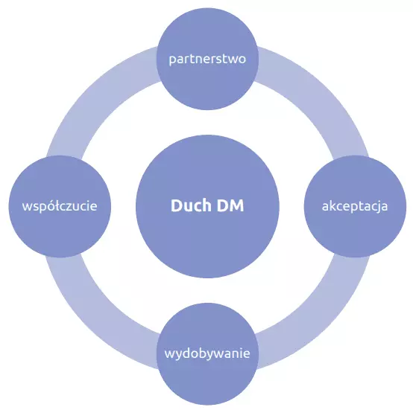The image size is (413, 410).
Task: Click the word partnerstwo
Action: [x=207, y=60]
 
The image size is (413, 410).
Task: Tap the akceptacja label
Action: [x=355, y=206]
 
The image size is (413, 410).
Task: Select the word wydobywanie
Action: [x=207, y=353]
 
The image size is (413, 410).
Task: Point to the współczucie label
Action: [x=60, y=206]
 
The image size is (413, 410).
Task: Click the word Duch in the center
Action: [x=192, y=205]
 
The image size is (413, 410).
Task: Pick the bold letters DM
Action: [x=230, y=205]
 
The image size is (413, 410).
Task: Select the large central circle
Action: [x=207, y=206]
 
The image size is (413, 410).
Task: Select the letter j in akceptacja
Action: [x=378, y=207]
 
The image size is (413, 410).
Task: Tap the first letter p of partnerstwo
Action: [x=173, y=60]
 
